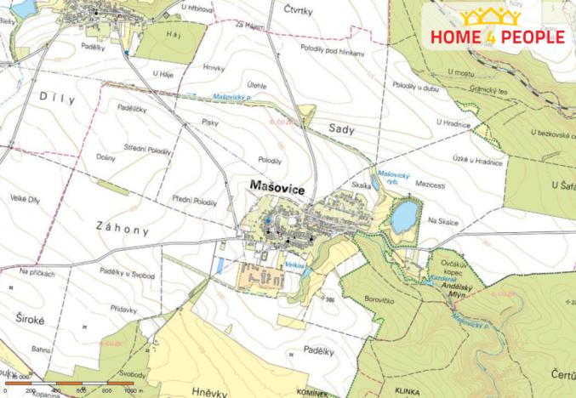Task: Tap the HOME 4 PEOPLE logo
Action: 498,29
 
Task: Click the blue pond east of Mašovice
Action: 404,215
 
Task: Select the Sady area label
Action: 340,128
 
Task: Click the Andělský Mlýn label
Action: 466,292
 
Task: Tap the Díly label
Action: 57,99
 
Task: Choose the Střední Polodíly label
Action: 146,150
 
